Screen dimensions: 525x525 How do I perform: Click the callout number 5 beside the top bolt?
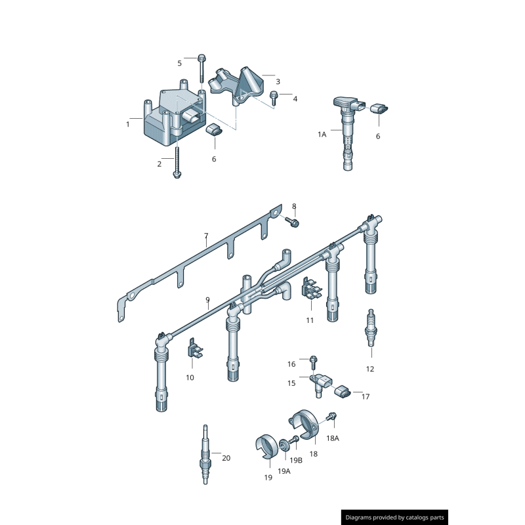[179, 63]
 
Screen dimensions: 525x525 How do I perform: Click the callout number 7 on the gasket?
[205, 235]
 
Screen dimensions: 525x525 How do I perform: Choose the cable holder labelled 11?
[310, 292]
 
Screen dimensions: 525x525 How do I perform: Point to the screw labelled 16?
[313, 361]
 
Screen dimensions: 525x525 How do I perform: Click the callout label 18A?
[333, 438]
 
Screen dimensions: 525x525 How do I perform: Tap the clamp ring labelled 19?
[265, 448]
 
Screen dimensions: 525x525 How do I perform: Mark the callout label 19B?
[296, 461]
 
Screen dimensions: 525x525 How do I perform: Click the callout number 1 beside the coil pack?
[128, 123]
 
